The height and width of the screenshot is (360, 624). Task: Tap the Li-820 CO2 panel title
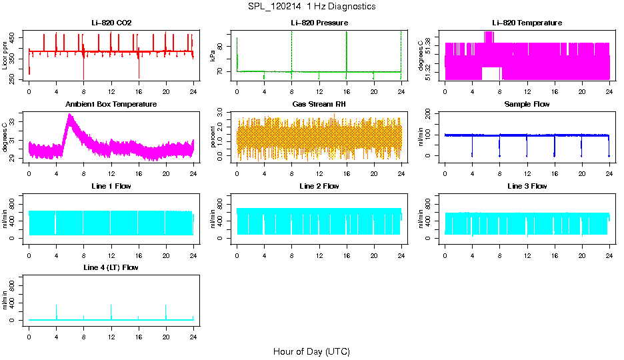tap(111, 23)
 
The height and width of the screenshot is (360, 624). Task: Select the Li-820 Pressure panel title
tap(319, 23)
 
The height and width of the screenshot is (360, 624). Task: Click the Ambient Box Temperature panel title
tap(111, 105)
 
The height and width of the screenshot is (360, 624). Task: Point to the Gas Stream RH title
tap(319, 105)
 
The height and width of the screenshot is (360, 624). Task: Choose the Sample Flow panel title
tap(527, 105)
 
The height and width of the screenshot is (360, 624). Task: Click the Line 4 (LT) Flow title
tap(111, 267)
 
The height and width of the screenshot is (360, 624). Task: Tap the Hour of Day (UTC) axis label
tap(311, 351)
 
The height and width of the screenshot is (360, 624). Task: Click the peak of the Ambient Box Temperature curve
tap(69, 115)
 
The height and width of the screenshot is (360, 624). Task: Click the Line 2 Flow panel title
tap(319, 186)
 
